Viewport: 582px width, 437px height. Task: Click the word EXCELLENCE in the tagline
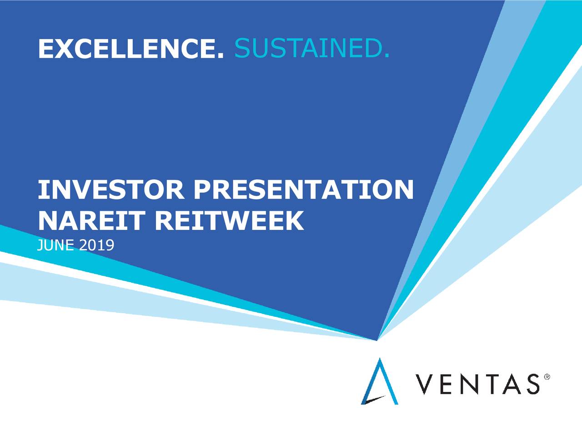pyautogui.click(x=127, y=49)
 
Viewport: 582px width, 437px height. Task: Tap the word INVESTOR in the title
pyautogui.click(x=111, y=189)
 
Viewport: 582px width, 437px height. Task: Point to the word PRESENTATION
pyautogui.click(x=304, y=189)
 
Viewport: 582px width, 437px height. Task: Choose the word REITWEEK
pyautogui.click(x=229, y=221)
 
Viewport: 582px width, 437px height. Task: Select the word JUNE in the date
pyautogui.click(x=55, y=245)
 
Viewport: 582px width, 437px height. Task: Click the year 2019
pyautogui.click(x=96, y=245)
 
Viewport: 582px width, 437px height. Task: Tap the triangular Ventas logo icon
pyautogui.click(x=379, y=381)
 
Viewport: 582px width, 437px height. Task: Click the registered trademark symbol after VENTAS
pyautogui.click(x=547, y=377)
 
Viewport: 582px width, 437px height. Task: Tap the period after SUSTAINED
pyautogui.click(x=387, y=56)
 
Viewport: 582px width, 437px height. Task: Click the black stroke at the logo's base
pyautogui.click(x=374, y=400)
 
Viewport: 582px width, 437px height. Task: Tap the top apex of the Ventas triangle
pyautogui.click(x=380, y=358)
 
